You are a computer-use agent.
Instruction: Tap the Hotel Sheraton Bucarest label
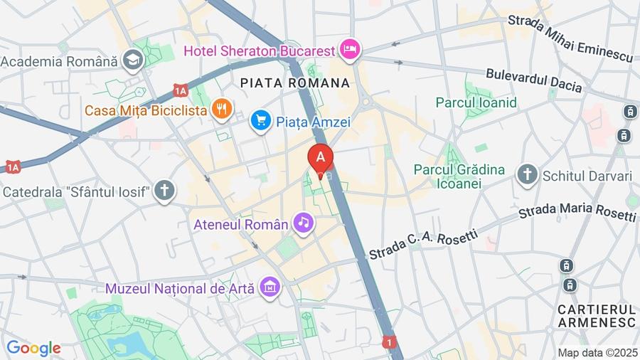[259, 51]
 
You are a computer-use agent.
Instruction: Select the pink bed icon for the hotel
[351, 49]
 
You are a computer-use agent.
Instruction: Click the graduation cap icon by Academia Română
[132, 61]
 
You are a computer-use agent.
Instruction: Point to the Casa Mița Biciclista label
[146, 110]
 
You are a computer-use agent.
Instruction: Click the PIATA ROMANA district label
[295, 83]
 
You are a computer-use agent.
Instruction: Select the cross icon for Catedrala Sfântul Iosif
[165, 191]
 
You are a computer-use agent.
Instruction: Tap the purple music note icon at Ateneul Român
[304, 223]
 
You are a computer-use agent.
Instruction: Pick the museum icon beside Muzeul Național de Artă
[270, 287]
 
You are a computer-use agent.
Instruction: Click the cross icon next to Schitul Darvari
[527, 174]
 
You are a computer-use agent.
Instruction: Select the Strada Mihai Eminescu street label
[570, 38]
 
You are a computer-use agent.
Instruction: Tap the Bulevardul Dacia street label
[533, 80]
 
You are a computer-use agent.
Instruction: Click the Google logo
[33, 348]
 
